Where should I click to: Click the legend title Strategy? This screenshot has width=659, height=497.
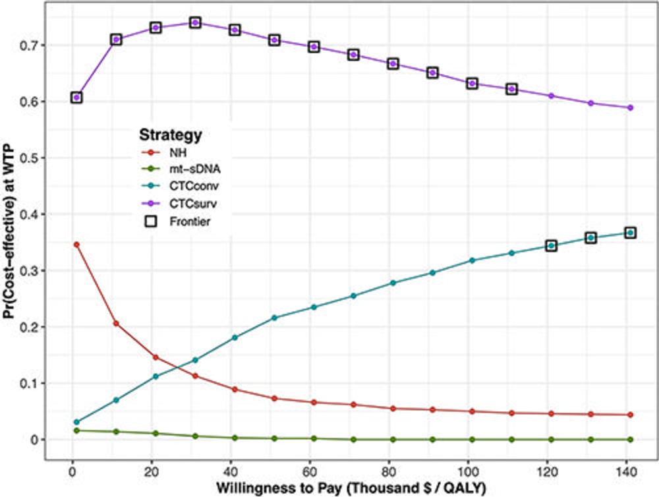169,136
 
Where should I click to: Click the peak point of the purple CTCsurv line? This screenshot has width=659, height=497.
195,22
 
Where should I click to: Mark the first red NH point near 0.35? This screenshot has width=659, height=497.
76,245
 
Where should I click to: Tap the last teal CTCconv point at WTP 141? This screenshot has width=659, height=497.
630,233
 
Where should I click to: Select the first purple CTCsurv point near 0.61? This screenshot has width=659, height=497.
76,98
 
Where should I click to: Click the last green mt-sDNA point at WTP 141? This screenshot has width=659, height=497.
630,439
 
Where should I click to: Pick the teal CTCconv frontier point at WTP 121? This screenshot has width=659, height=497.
551,246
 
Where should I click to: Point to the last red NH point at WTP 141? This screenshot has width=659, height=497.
630,415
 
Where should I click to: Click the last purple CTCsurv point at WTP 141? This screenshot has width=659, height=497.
630,107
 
